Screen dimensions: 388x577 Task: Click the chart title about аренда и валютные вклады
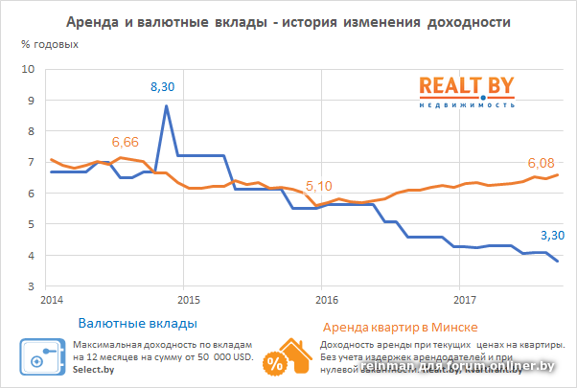(288, 21)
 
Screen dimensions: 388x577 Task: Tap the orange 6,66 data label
(126, 142)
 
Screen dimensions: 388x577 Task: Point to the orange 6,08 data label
(541, 162)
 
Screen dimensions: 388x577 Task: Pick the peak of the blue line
(167, 106)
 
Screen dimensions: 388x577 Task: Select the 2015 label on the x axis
(187, 299)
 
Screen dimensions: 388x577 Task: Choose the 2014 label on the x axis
(50, 299)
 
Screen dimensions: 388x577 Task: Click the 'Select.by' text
(93, 369)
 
